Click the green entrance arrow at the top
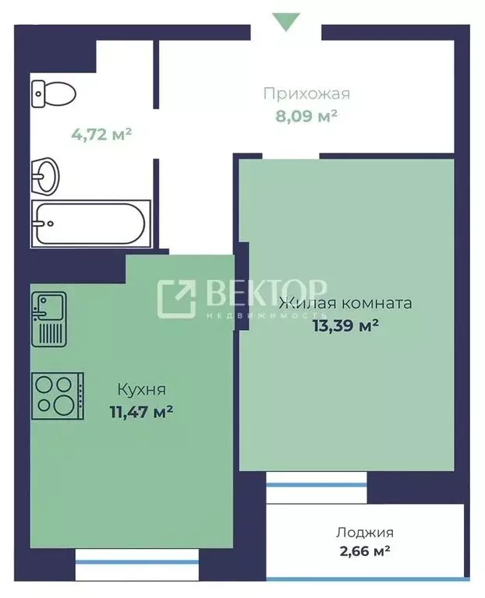285,21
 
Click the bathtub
87,223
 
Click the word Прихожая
306,94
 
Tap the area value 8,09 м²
306,116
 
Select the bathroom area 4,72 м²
101,134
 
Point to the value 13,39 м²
345,325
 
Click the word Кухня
141,389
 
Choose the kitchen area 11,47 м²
141,410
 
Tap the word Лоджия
364,533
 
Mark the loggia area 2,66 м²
364,552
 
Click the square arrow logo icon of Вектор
176,298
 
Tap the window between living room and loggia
316,485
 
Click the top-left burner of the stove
44,385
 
